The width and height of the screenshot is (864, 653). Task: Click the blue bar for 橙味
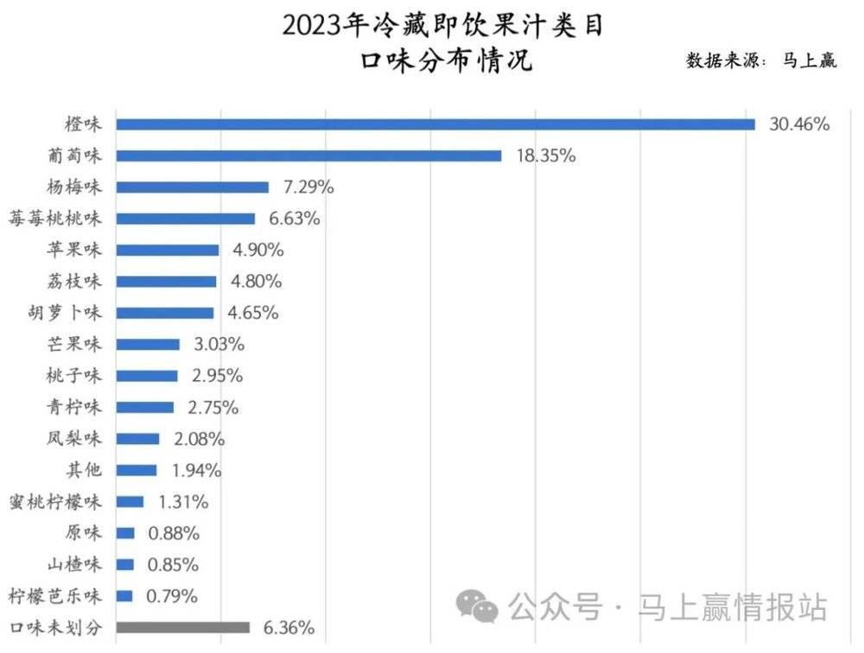pos(435,124)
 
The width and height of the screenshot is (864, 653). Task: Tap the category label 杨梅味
pos(73,187)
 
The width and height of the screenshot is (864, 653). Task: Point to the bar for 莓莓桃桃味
pos(185,219)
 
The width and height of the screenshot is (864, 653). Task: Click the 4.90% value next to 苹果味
pos(257,250)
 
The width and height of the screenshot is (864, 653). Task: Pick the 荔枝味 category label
pos(73,282)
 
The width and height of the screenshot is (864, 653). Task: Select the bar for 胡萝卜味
pos(164,313)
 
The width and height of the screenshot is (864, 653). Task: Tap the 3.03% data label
pos(219,345)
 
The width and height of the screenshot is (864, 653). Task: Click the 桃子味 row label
pos(73,376)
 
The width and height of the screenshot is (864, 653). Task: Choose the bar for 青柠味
pos(144,407)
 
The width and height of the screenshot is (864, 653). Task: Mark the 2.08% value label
pos(199,439)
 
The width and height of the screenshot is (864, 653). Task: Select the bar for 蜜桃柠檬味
pos(130,502)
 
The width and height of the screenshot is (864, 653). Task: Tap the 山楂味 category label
pos(73,564)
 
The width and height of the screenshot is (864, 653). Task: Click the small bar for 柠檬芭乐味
pos(124,596)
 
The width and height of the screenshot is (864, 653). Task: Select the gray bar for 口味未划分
pos(182,627)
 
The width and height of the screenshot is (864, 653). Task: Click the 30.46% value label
pos(799,124)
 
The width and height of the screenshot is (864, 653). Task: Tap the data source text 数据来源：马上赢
pos(760,60)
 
